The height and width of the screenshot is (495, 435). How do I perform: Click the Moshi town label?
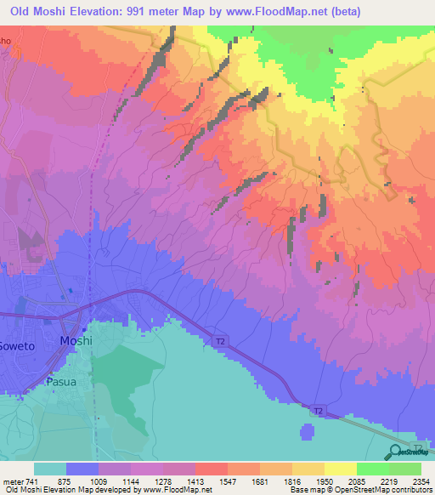coord(75,340)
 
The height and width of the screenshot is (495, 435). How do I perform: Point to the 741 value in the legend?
coord(31,481)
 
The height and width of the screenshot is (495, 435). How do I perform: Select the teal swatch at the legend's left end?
coord(50,469)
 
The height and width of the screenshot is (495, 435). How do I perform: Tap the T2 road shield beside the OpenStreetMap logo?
coord(417,447)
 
